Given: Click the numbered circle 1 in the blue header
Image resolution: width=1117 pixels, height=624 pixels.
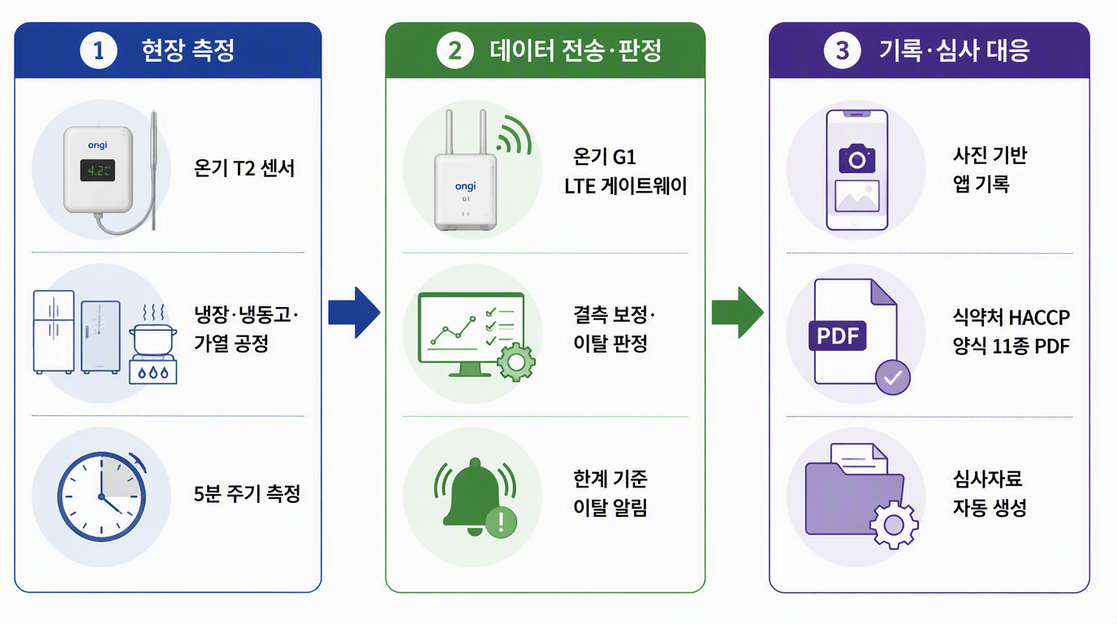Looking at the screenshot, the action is pos(99,50).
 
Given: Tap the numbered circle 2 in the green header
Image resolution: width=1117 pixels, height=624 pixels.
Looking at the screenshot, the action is pos(455,50).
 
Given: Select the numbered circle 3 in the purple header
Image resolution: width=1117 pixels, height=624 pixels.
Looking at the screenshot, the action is pos(843,50).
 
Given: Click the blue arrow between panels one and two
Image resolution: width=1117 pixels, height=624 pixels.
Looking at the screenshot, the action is pos(354,313).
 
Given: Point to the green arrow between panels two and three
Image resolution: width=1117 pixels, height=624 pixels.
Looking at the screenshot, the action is pos(738,313).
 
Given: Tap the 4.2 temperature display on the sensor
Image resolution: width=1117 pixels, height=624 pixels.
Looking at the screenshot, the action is pos(97,171).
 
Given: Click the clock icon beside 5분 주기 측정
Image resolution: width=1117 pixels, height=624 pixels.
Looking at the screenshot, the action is pos(101,496).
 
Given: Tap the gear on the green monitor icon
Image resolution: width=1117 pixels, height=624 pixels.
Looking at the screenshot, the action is pos(516,362).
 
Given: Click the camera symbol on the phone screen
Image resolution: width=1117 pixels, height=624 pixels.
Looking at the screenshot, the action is pos(856,158).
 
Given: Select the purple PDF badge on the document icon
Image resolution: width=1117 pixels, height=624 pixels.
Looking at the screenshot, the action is pos(837,336).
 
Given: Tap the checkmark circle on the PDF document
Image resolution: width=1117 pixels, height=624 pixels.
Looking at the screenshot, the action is pos(893,377).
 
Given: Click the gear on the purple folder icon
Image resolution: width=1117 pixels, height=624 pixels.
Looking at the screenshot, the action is pos(894,525).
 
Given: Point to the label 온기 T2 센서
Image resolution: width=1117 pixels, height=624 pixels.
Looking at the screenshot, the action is pos(244,168).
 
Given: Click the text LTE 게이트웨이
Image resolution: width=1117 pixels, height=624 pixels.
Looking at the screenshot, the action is pos(625,186).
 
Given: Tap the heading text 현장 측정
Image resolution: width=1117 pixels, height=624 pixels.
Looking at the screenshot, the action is pos(188,50).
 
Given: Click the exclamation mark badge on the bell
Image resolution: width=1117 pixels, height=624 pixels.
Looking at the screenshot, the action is pos(501,522).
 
